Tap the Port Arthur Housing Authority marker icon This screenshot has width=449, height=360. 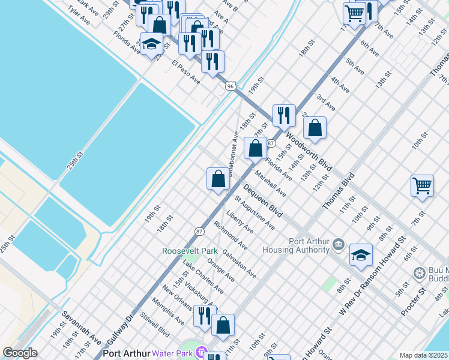(339, 244)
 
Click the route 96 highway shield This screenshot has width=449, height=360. (231, 86)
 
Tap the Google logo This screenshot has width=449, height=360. (19, 353)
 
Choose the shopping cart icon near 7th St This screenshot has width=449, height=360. (422, 185)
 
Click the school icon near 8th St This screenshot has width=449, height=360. (361, 256)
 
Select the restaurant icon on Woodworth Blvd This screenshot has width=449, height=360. (283, 115)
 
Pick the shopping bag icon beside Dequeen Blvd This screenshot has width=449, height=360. (218, 178)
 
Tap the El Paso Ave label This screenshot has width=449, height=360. (185, 70)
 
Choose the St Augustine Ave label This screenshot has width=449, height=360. (255, 212)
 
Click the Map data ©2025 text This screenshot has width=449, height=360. (423, 355)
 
